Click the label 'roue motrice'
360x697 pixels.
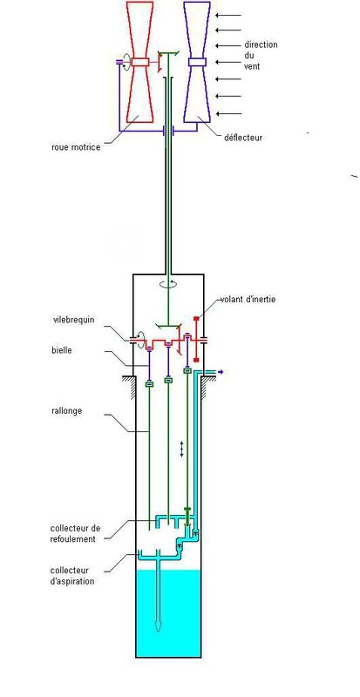tap(76, 146)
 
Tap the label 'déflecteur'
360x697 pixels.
tap(243, 138)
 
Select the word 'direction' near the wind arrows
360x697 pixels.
tap(261, 45)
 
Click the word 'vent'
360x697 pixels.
tap(252, 67)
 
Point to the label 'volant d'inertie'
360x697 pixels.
tap(248, 299)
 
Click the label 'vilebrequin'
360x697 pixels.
tap(73, 320)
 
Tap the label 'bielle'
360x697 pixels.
tap(61, 350)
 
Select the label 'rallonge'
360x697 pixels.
tap(67, 410)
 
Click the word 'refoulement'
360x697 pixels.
tap(73, 538)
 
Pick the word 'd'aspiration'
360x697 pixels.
tap(72, 580)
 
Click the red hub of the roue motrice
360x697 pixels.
tap(139, 62)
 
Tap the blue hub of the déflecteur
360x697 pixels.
tap(197, 62)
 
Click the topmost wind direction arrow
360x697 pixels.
tap(228, 15)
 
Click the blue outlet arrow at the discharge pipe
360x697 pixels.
tap(220, 372)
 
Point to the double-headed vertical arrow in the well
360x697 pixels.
tap(181, 449)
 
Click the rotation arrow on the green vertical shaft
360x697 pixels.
tap(168, 285)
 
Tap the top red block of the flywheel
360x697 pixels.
tap(196, 318)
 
